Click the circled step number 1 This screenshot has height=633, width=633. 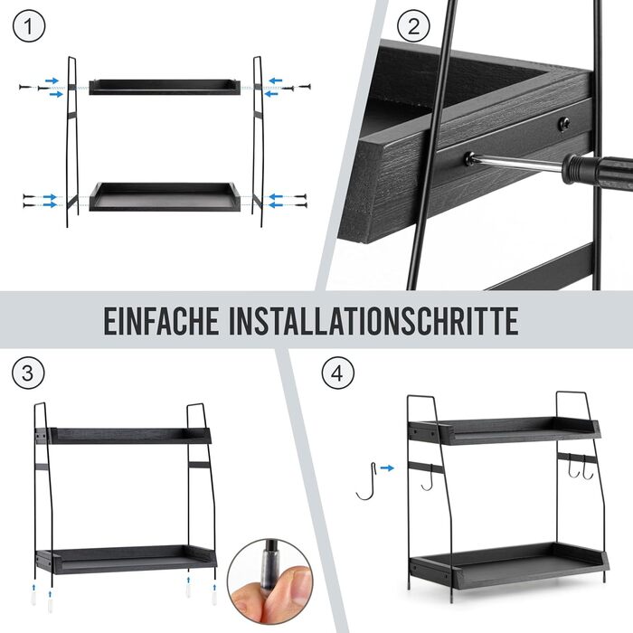[x=29, y=26]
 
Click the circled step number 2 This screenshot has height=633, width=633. [x=413, y=26]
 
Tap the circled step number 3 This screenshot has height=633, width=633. [x=28, y=373]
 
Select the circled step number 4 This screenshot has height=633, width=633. [x=338, y=373]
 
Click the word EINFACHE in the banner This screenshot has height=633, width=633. [x=162, y=320]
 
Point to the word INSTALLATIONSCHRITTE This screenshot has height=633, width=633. [x=373, y=320]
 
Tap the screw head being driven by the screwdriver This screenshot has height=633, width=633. [x=469, y=157]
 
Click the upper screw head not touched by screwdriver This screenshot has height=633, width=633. [x=564, y=124]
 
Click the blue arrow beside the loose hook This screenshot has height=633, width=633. [x=387, y=468]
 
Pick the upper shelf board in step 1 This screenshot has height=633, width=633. [x=165, y=87]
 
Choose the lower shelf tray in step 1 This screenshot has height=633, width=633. [x=165, y=196]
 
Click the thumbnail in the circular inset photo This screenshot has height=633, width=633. [x=298, y=581]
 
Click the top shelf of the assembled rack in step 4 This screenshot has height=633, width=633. [x=504, y=430]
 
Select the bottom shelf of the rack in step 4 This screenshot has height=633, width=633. [x=508, y=563]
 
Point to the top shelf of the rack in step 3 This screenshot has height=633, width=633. [x=123, y=436]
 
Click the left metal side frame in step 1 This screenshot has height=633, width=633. [x=72, y=141]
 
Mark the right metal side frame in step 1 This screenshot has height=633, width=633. [x=258, y=141]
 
